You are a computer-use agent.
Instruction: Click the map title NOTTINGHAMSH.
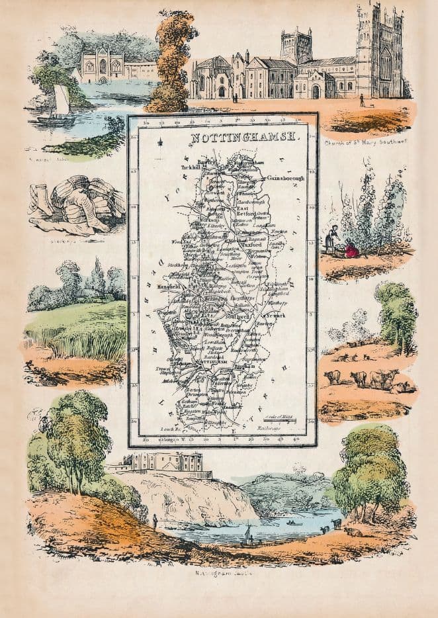tap(244, 138)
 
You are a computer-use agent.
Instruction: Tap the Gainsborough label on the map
tap(285, 179)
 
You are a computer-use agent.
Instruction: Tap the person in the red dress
tap(351, 249)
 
